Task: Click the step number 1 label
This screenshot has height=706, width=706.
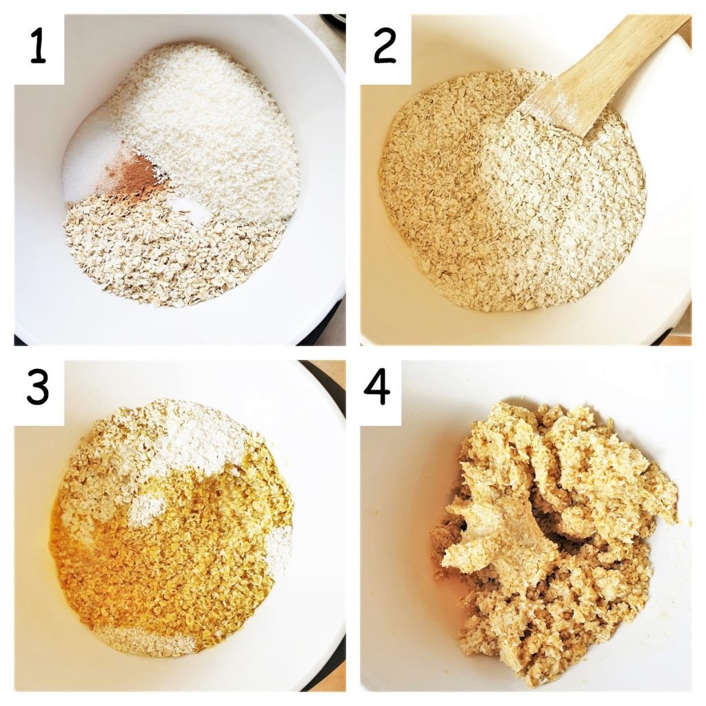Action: (38, 46)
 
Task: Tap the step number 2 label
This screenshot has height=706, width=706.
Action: (385, 46)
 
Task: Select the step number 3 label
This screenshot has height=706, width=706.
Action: (38, 390)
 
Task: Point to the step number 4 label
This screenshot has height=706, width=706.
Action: (377, 390)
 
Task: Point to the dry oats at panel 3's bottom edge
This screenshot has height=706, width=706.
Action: (145, 641)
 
